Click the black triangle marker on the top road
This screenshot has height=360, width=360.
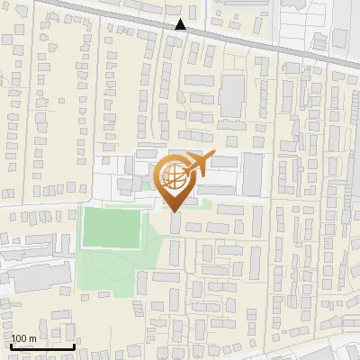[181, 24]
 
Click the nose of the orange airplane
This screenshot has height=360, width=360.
[212, 156]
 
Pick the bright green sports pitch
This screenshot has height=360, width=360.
[112, 228]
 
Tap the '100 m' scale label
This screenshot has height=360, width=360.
[24, 338]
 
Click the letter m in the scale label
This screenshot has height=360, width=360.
[32, 338]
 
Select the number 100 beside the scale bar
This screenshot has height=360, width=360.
[20, 338]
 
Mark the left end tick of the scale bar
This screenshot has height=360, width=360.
[12, 346]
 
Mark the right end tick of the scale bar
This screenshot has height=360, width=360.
[74, 346]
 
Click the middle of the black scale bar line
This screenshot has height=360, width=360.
[42, 346]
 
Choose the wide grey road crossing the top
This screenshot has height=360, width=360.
[270, 45]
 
